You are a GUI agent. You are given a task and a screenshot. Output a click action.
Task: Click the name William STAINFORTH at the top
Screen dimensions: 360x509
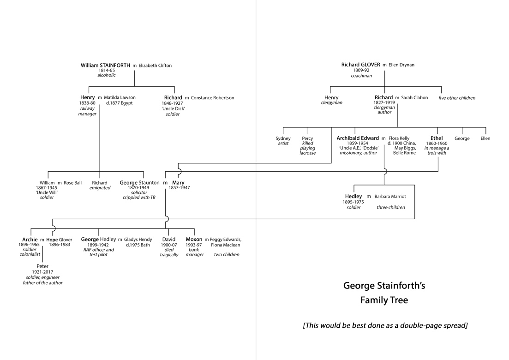[x=105, y=66]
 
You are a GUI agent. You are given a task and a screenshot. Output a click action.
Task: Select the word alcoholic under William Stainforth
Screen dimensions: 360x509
[x=106, y=75]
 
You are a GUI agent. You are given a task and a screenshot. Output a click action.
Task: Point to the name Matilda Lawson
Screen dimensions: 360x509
[x=120, y=98]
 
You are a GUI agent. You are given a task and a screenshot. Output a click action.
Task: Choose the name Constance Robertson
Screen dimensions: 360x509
[x=212, y=98]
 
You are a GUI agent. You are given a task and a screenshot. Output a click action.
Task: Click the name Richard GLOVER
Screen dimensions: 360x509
[x=361, y=65]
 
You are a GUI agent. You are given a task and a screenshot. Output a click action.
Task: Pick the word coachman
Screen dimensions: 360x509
[x=361, y=76]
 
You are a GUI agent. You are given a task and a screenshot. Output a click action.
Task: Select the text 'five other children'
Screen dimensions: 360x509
[x=457, y=98]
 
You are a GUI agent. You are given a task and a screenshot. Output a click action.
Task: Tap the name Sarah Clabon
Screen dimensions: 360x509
[x=414, y=98]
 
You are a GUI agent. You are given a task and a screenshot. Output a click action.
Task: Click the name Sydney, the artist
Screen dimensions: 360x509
[x=283, y=138]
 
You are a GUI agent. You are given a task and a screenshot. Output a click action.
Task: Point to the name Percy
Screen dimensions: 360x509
[x=307, y=138]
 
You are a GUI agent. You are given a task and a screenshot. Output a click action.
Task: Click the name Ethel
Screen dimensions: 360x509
[x=437, y=138]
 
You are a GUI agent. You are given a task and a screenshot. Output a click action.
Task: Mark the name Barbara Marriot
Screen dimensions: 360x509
[x=390, y=197]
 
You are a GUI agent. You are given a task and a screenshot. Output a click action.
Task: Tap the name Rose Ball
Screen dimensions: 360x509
[x=72, y=183]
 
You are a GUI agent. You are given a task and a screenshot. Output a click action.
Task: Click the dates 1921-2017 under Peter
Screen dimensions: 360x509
[x=42, y=272]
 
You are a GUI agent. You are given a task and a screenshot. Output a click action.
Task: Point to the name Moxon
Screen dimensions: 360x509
[x=194, y=240]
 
